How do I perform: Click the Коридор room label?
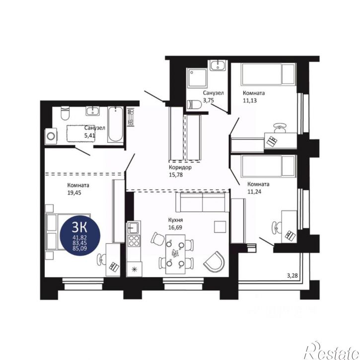180,167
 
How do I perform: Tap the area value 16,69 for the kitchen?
175,227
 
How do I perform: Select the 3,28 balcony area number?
292,276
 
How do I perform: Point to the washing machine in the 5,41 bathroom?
51,137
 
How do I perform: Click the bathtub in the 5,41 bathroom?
115,125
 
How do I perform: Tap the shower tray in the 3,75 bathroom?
197,78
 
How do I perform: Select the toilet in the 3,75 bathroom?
194,105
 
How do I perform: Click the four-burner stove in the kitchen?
134,241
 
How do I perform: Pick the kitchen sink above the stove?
133,228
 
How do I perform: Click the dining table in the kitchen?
175,254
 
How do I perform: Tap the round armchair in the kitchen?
214,261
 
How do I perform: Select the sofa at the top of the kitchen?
203,202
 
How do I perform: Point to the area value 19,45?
74,193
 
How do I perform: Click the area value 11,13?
250,100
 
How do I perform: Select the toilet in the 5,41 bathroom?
65,113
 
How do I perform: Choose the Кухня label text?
176,220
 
